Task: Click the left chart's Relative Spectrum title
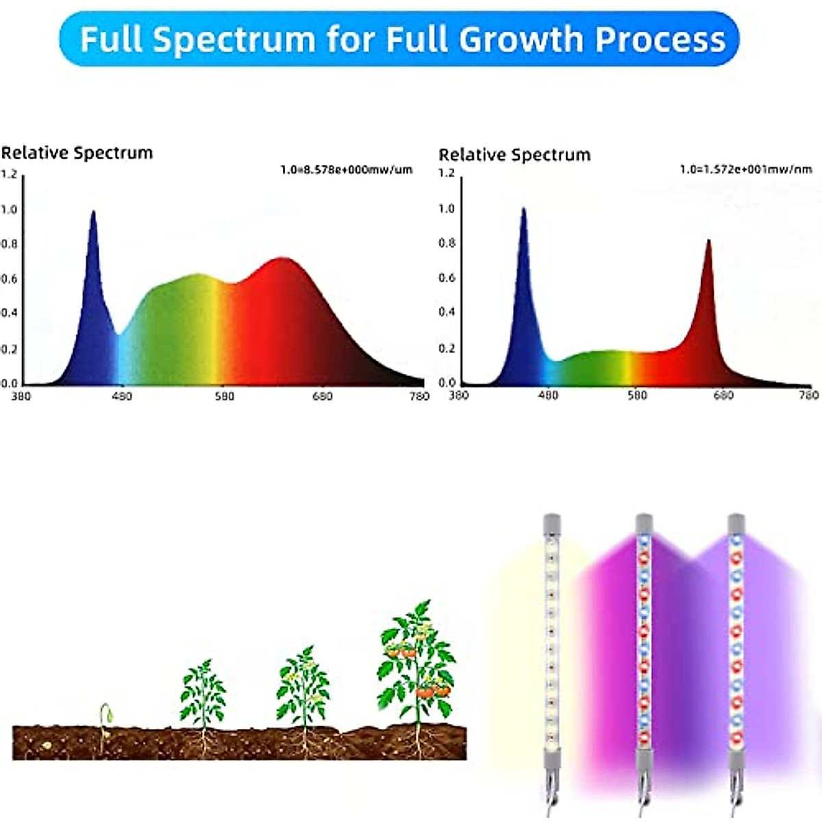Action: click(x=77, y=153)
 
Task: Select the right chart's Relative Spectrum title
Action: click(x=514, y=155)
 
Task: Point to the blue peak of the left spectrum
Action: click(x=93, y=214)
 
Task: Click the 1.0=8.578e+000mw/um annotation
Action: click(x=347, y=169)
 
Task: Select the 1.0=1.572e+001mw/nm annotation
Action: click(x=746, y=169)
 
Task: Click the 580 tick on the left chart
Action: click(x=224, y=396)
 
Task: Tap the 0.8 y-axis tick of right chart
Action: click(x=447, y=242)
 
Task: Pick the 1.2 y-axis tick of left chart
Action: click(x=8, y=174)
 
